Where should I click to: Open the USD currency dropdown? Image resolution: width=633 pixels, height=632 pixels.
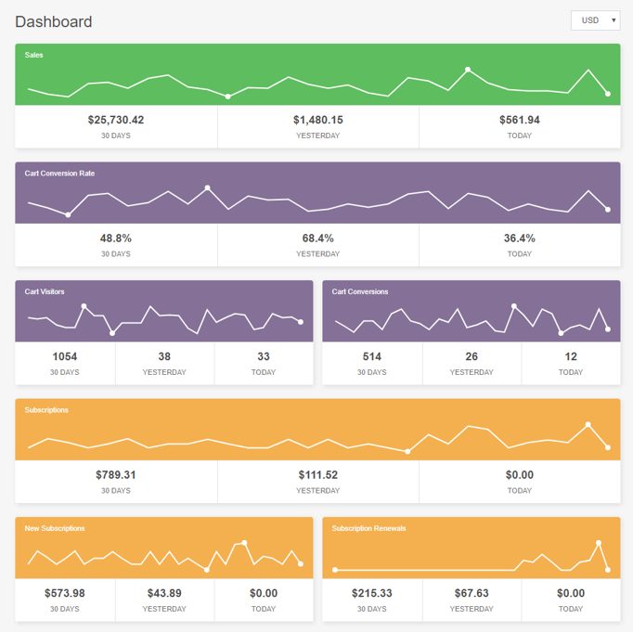coord(596,20)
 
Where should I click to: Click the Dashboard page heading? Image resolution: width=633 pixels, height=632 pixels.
coord(54,21)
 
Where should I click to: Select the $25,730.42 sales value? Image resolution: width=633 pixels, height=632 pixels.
coord(116,120)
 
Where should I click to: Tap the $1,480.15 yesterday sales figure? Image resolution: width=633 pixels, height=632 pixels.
coord(318,120)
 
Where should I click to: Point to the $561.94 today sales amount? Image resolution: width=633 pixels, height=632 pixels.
coord(520,120)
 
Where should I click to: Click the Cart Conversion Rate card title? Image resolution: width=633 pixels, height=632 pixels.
coord(59,174)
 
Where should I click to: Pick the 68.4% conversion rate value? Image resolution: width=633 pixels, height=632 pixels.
coord(318,239)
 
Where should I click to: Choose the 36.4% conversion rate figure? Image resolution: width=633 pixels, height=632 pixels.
coord(520,239)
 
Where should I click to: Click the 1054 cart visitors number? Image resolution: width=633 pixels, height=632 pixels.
coord(65,356)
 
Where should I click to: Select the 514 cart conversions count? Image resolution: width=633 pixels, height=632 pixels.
coord(372,356)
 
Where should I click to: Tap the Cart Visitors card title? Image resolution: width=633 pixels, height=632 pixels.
coord(45,291)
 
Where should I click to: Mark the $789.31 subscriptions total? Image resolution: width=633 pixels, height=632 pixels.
coord(116,474)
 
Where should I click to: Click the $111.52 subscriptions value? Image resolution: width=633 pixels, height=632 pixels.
coord(318,474)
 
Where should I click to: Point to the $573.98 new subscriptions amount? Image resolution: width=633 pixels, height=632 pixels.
coord(65,593)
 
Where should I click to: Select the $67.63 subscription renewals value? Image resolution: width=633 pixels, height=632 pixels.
coord(472,593)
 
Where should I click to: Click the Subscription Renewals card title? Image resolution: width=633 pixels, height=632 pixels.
coord(369,528)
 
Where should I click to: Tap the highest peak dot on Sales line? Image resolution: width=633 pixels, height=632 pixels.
coord(468,70)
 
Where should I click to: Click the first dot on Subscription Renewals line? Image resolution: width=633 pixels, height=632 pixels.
coord(335,570)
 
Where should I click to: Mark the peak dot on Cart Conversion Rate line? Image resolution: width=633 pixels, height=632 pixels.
coord(208,187)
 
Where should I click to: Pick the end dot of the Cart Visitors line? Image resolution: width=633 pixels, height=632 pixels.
coord(301,322)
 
